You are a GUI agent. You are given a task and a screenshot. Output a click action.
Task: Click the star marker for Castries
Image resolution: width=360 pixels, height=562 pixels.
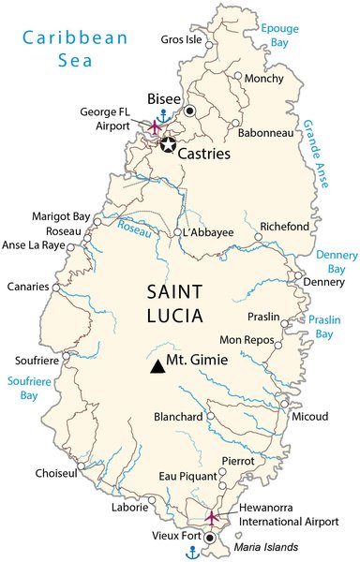click(168, 144)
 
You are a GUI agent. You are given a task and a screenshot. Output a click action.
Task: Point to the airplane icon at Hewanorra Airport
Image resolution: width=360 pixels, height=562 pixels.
click(212, 516)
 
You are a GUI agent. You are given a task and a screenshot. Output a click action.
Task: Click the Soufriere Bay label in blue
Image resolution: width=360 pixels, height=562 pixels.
click(30, 388)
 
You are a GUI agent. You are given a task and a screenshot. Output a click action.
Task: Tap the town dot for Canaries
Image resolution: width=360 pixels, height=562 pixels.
click(56, 288)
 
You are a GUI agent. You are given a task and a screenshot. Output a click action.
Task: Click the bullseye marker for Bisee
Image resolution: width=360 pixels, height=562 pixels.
click(190, 111)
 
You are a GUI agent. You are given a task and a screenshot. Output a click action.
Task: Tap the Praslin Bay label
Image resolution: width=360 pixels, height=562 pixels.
click(324, 326)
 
